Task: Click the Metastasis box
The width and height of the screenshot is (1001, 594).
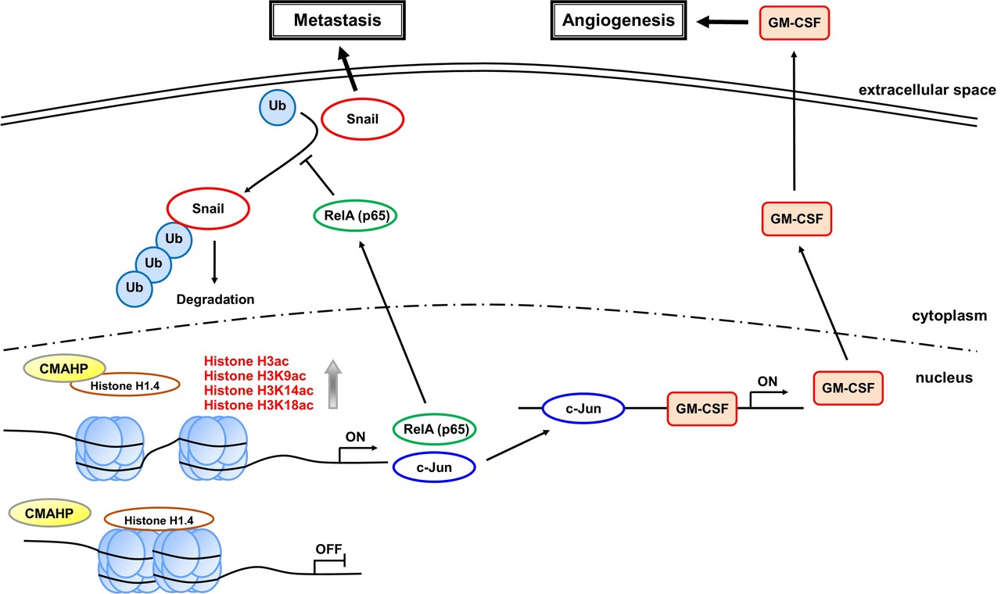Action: pos(338,20)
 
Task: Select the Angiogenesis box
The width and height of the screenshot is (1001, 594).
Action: pos(618,20)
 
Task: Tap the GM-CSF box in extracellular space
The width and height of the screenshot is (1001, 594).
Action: pos(794,22)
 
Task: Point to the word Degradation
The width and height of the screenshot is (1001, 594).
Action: pos(215,299)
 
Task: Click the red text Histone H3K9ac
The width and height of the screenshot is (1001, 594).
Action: pos(246,376)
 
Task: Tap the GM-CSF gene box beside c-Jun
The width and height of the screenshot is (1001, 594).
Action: pos(701,409)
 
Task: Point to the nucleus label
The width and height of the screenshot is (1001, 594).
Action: pos(944,378)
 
